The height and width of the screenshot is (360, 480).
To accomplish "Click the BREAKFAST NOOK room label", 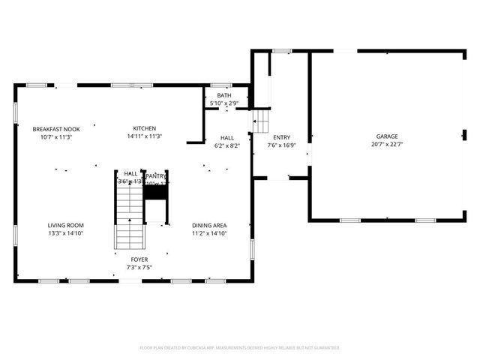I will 56,129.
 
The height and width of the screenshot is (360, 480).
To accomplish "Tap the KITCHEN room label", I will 145,129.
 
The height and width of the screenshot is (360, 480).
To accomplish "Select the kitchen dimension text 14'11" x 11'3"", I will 145,136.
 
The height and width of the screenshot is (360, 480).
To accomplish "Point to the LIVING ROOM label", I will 66,225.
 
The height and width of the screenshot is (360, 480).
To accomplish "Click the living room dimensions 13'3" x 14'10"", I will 66,233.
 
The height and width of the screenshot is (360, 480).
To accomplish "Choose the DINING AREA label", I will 209,225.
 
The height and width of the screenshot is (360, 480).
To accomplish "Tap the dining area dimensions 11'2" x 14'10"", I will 209,233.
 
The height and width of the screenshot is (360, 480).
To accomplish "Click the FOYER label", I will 139,259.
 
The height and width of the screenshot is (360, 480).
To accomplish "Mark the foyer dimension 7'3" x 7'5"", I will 139,267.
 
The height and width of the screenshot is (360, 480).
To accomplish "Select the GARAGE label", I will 387,137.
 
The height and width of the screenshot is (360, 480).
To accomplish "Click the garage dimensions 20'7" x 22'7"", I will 387,145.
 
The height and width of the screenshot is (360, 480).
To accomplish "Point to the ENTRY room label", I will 281,137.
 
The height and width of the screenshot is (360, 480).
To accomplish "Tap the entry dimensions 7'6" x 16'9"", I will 281,145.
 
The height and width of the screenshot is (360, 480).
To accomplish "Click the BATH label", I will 224,95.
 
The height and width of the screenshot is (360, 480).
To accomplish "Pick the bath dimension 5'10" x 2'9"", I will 224,103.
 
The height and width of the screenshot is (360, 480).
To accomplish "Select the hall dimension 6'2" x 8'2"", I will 226,145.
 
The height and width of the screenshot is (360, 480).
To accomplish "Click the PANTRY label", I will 156,175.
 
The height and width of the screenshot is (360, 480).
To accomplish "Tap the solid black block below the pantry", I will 154,192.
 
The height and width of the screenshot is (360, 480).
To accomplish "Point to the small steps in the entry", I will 259,121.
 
